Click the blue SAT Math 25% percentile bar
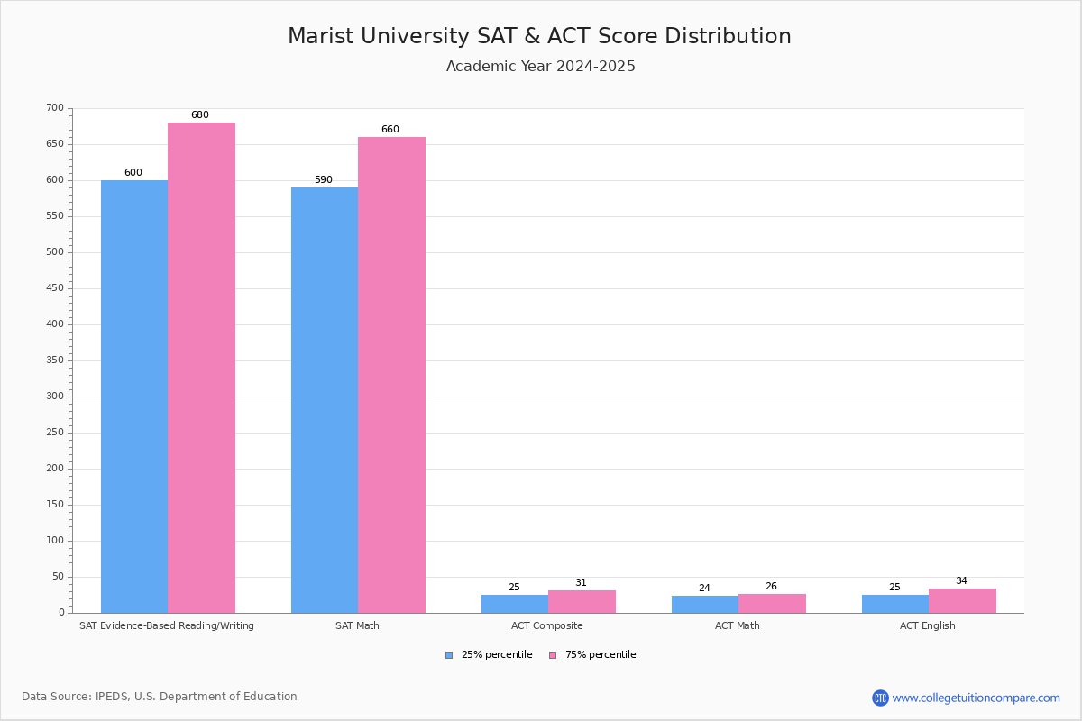[x=325, y=400]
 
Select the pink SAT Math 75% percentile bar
[x=391, y=375]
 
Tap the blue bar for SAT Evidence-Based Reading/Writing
[x=134, y=397]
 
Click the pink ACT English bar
[x=962, y=601]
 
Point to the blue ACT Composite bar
[x=515, y=604]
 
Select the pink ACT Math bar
[x=772, y=604]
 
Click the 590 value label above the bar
[x=324, y=180]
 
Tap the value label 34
[x=961, y=581]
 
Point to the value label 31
[x=581, y=583]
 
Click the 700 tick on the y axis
[x=55, y=108]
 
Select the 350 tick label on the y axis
[x=55, y=360]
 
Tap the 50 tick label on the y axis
[x=58, y=577]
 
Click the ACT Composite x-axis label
[x=546, y=625]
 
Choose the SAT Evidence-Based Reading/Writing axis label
[x=167, y=625]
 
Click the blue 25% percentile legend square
[x=449, y=655]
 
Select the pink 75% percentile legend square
[x=553, y=655]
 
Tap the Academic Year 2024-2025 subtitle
[x=541, y=67]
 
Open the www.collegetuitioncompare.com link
[x=976, y=698]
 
